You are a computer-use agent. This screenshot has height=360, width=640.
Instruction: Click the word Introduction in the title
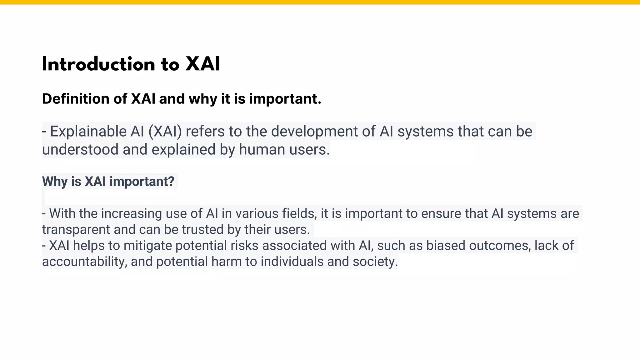[x=98, y=65]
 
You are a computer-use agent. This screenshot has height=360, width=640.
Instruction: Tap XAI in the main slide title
[x=202, y=65]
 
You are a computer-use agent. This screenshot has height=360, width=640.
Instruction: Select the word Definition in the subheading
[x=75, y=99]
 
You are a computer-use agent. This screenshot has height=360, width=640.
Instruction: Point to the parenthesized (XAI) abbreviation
[x=165, y=132]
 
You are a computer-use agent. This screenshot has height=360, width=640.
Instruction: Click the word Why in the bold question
[x=55, y=182]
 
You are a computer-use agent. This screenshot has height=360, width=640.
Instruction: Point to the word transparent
[x=76, y=230]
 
